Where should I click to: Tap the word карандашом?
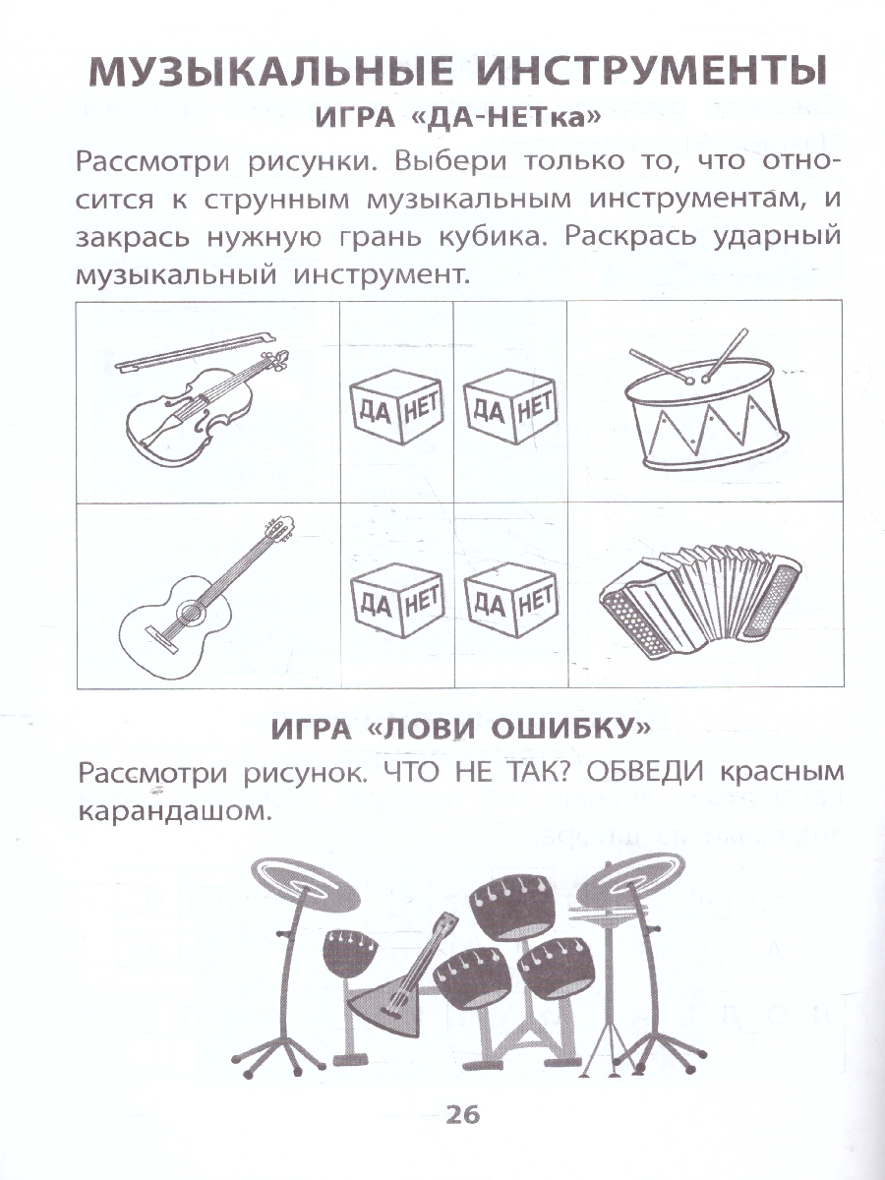tap(172, 811)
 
